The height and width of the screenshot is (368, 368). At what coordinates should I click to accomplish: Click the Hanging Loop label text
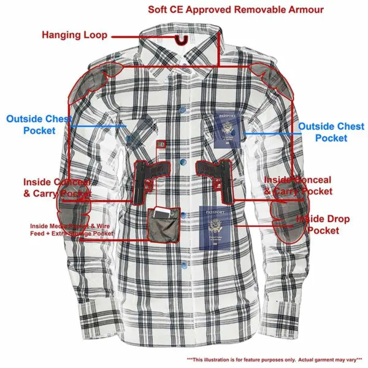(x=74, y=34)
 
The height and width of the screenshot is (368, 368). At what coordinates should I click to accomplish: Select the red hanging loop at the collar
(x=179, y=40)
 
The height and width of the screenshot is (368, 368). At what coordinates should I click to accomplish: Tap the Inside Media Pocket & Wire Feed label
(x=72, y=229)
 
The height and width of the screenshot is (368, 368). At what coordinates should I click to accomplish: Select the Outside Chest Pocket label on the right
(x=331, y=132)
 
